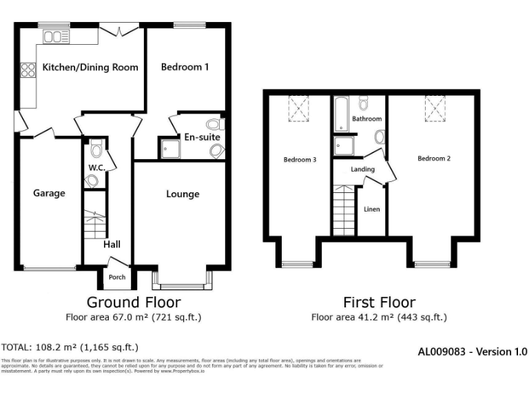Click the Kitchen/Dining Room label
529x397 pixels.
[x=90, y=68]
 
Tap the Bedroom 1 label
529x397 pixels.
[x=185, y=68]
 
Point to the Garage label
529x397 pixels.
[x=49, y=194]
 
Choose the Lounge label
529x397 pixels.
[x=183, y=194]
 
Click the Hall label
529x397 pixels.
[x=112, y=245]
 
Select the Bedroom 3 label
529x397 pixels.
[x=300, y=160]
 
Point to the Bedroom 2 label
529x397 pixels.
[x=434, y=159]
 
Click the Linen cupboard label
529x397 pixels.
[x=371, y=210]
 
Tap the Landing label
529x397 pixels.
[x=362, y=170]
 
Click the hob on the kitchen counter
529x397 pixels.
[x=28, y=69]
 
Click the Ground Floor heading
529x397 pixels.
[x=134, y=303]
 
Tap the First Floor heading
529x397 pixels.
[x=379, y=303]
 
